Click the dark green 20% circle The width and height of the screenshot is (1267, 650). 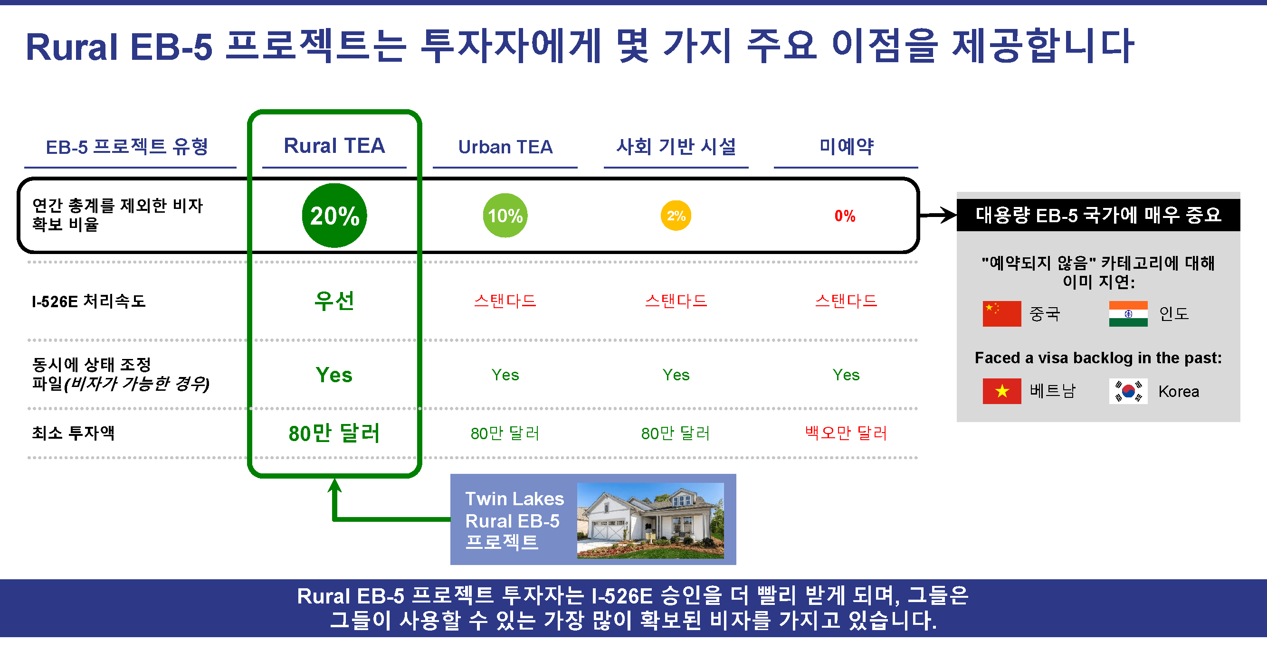click(334, 216)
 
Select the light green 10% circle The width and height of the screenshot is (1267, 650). click(505, 216)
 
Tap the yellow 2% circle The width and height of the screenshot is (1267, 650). click(676, 216)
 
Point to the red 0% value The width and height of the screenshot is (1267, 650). click(845, 216)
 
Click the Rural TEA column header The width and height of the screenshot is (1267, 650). click(334, 146)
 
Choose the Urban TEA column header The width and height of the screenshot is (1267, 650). click(505, 147)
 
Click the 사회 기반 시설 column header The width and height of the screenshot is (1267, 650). click(676, 146)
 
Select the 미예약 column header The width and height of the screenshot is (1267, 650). click(846, 146)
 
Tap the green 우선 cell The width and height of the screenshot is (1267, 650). click(334, 301)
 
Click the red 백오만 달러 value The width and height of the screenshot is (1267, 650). click(846, 433)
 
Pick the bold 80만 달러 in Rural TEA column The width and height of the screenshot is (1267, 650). click(334, 433)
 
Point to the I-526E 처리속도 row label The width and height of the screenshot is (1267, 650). click(89, 301)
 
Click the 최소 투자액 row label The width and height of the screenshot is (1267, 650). click(73, 433)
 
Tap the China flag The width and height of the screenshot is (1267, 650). click(1002, 314)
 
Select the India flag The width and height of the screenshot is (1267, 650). click(1128, 314)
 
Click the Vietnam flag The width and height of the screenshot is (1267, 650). click(1002, 391)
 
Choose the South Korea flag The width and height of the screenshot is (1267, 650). click(1128, 391)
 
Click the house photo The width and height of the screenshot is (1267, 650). click(650, 520)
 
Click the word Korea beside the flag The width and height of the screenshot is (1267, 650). click(1179, 391)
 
